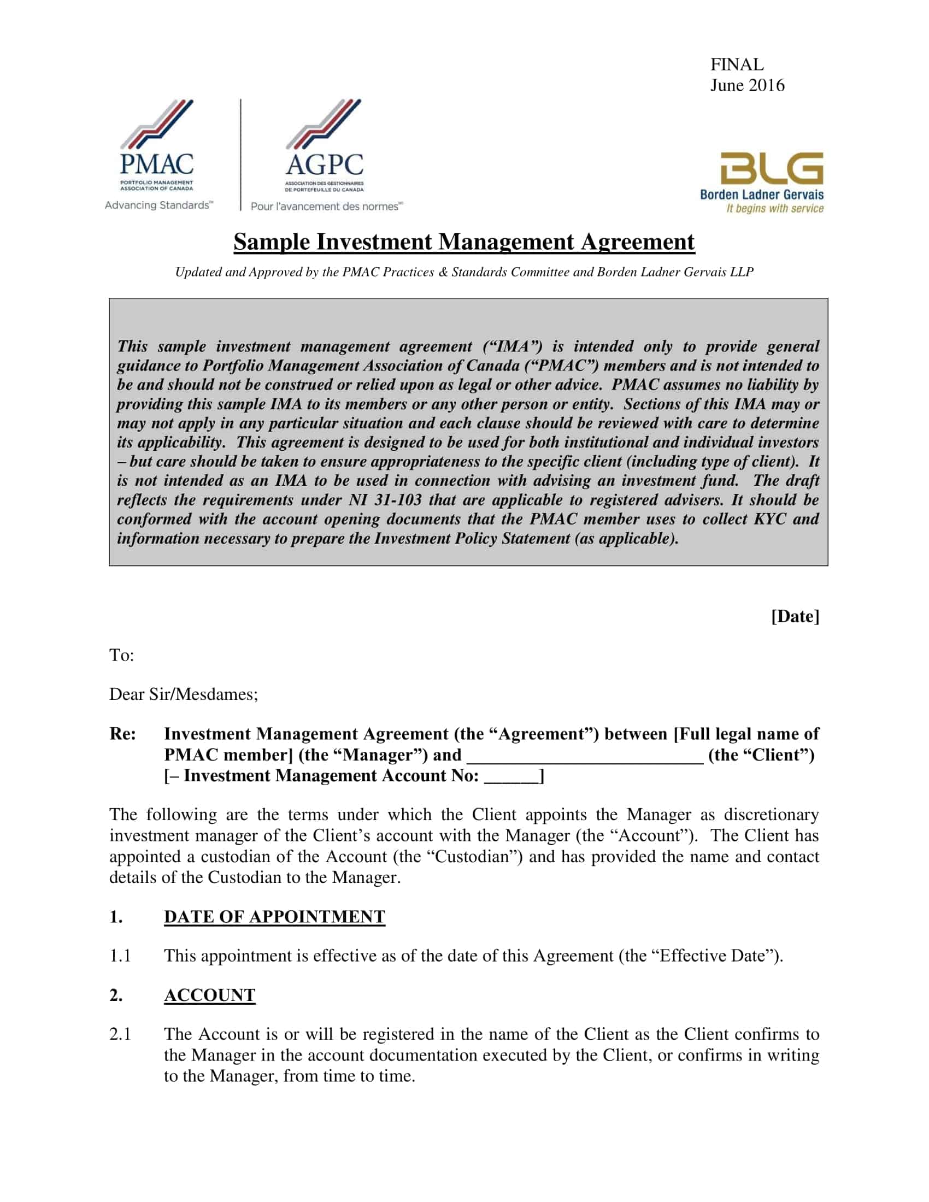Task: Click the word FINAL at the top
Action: click(x=737, y=64)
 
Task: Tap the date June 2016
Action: click(x=747, y=85)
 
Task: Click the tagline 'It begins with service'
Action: click(x=774, y=209)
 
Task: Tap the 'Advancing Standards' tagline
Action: click(x=158, y=205)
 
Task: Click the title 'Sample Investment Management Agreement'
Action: click(x=464, y=242)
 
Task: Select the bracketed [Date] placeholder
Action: click(x=795, y=616)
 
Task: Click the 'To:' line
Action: click(x=122, y=655)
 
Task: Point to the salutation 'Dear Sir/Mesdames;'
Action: click(x=183, y=694)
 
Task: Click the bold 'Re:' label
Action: click(x=122, y=734)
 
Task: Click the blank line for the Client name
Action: click(x=585, y=756)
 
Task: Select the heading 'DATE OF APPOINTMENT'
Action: click(x=274, y=916)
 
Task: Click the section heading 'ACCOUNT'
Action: click(x=210, y=995)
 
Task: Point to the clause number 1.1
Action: click(x=120, y=956)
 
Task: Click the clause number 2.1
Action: click(x=120, y=1034)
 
